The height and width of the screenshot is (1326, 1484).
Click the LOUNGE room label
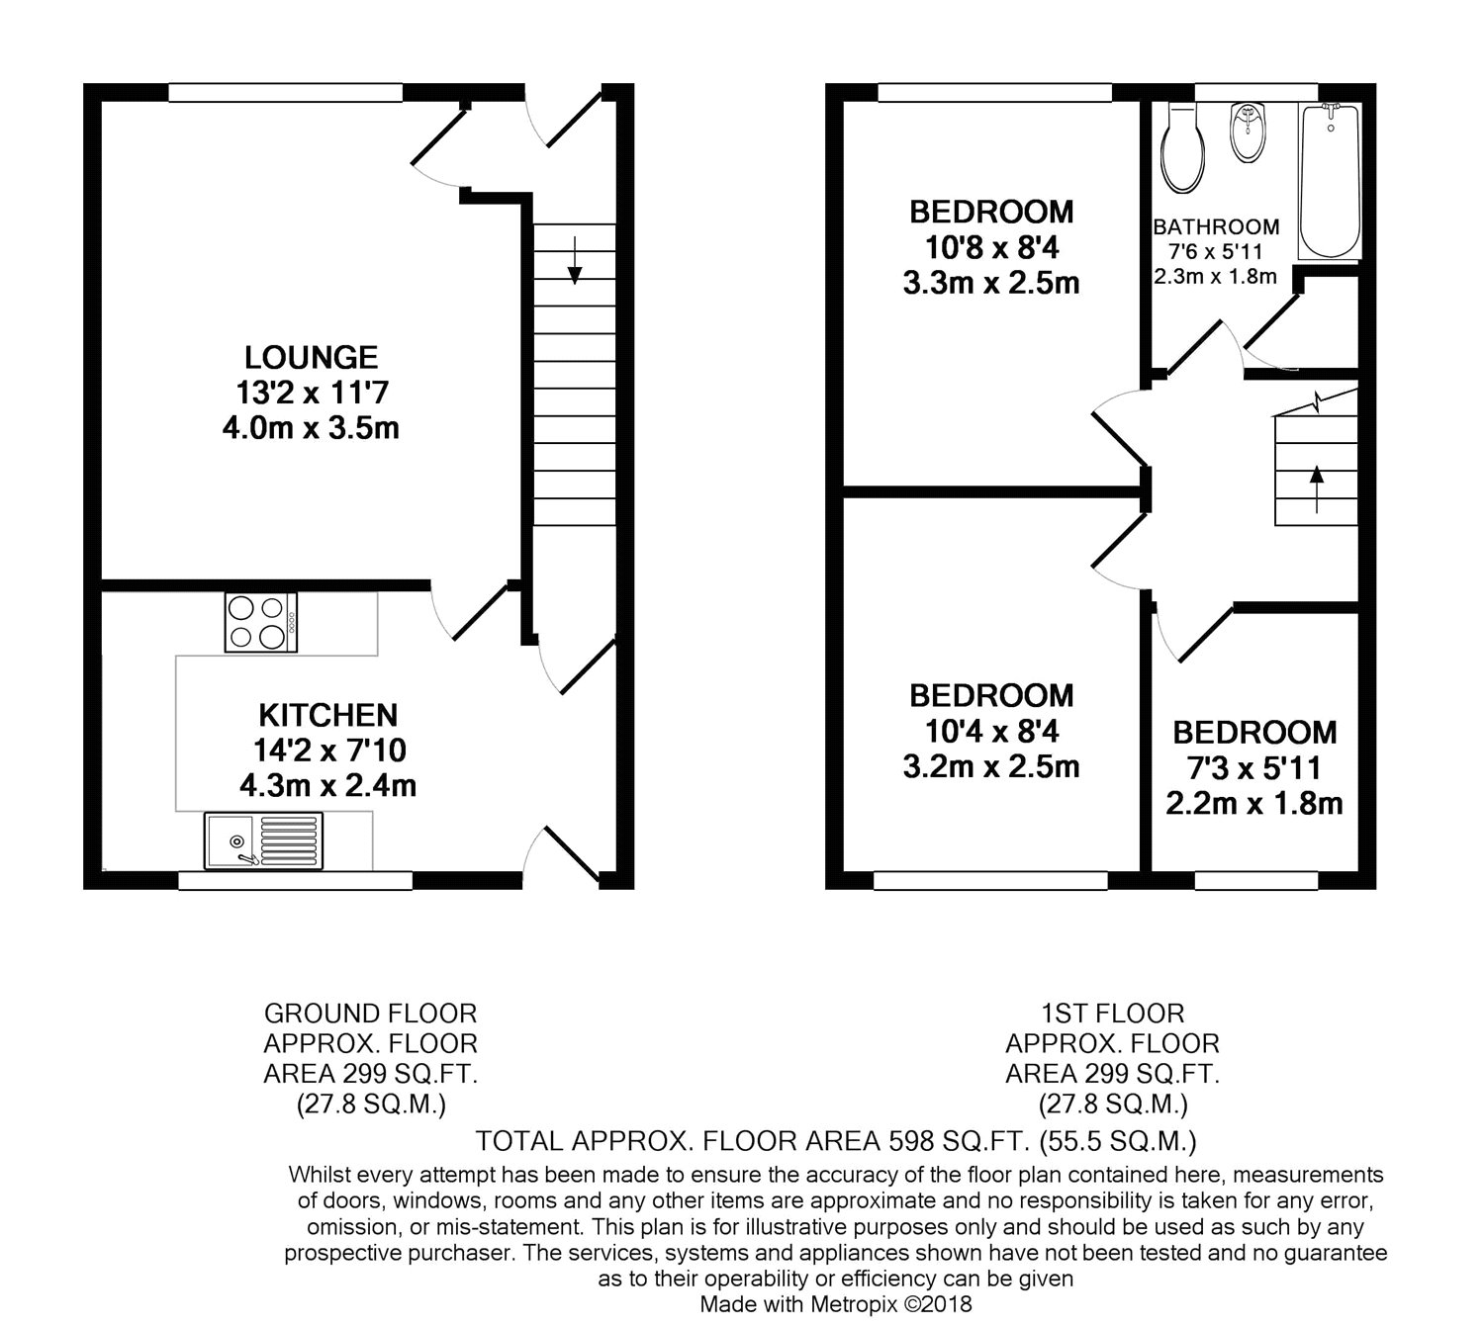click(312, 357)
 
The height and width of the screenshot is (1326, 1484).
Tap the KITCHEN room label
click(328, 715)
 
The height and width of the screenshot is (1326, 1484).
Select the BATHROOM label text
click(1216, 227)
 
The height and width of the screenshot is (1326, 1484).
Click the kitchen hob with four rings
click(261, 622)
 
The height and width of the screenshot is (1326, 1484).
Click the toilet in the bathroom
click(1182, 148)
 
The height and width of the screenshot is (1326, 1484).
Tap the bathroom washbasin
click(1248, 133)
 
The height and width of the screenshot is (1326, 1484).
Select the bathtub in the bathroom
click(1330, 181)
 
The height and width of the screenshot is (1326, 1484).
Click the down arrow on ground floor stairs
click(575, 260)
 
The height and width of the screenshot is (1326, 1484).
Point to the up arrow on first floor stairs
click(1316, 489)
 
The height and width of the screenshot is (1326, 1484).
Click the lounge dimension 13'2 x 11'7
click(312, 394)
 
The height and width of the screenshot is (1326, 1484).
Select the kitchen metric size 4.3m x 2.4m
click(328, 786)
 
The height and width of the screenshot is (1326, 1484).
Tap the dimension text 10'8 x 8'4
click(991, 248)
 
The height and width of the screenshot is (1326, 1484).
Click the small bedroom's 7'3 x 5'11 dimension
click(1254, 768)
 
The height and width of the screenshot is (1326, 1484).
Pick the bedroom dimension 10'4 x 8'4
click(991, 732)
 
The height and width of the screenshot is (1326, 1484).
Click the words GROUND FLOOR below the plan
click(371, 1014)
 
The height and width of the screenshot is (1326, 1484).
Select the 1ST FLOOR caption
click(1113, 1014)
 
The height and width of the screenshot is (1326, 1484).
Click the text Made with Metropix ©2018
click(836, 1304)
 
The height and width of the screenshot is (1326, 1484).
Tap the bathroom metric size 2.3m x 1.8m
click(1216, 276)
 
